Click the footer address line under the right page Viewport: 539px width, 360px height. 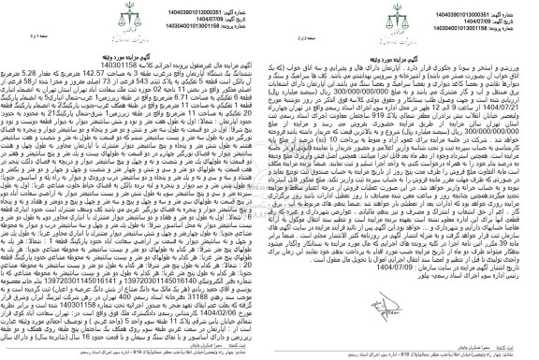(x=403, y=354)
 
